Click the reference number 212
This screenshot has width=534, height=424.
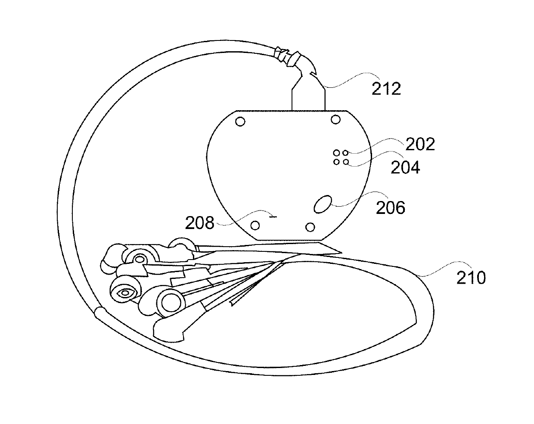pyautogui.click(x=386, y=89)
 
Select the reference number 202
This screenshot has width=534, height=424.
pyautogui.click(x=420, y=144)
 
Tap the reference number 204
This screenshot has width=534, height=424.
pyautogui.click(x=405, y=167)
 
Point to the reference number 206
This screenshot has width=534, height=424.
pyautogui.click(x=391, y=208)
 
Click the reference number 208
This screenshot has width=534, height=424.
pyautogui.click(x=200, y=223)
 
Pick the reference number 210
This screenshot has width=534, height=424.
pyautogui.click(x=471, y=278)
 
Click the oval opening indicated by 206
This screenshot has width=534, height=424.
pyautogui.click(x=323, y=204)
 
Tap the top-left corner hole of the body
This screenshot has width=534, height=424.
pyautogui.click(x=241, y=122)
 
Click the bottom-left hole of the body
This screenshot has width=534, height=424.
pyautogui.click(x=255, y=225)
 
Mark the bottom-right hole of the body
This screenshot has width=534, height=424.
pyautogui.click(x=310, y=226)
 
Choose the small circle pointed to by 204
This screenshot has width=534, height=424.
pyautogui.click(x=345, y=162)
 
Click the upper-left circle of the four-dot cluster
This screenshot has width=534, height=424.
pyautogui.click(x=336, y=153)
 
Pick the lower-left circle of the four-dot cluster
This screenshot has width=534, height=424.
pyautogui.click(x=336, y=162)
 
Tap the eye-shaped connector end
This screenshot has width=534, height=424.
pyautogui.click(x=125, y=293)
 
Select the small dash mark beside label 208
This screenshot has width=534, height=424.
pyautogui.click(x=273, y=217)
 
